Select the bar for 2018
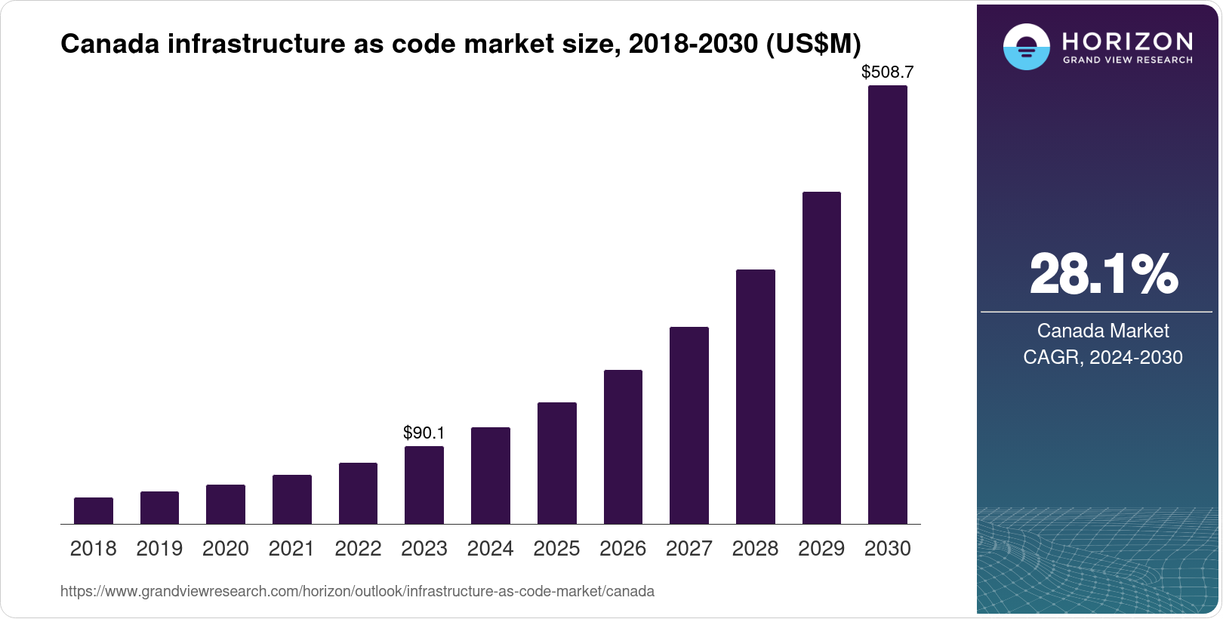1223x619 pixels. point(94,510)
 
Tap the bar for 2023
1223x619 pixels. point(424,485)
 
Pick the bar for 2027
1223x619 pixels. point(689,425)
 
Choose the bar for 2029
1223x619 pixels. point(821,358)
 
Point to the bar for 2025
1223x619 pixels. point(556,463)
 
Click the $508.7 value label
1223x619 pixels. point(887,72)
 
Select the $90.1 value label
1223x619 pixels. point(424,433)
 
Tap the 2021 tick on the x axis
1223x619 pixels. point(291,549)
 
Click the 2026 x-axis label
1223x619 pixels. point(623,549)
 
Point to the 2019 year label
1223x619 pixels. point(159,549)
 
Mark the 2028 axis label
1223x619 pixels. point(755,549)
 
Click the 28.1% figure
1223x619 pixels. point(1103,274)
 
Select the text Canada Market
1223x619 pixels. point(1103,331)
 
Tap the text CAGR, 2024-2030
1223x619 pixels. point(1103,357)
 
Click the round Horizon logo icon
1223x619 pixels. point(1026,47)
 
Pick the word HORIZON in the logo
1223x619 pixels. point(1128,41)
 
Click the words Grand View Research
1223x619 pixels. point(1128,60)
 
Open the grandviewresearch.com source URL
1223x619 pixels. point(357,591)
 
